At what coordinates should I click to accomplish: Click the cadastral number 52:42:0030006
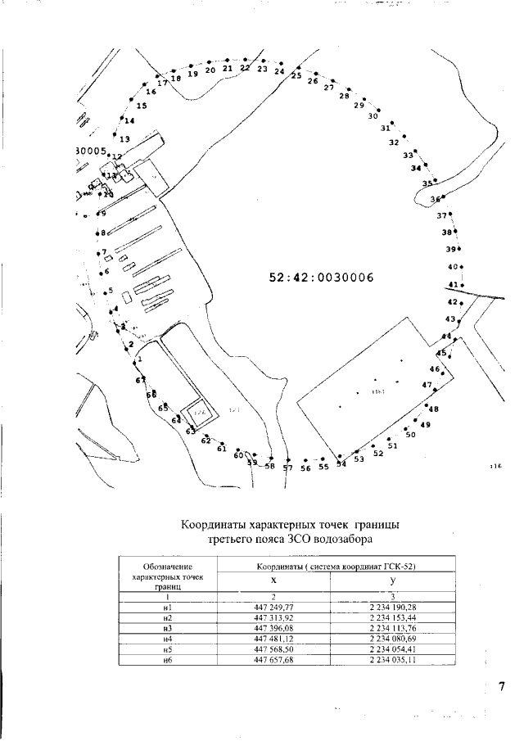click(321, 278)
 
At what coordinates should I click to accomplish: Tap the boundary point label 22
click(245, 68)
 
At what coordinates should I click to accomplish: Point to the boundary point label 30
click(373, 116)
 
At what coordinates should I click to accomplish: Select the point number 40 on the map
click(452, 267)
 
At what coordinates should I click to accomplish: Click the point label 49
click(425, 425)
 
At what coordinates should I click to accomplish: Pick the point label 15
click(142, 106)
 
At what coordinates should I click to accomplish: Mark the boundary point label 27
click(329, 88)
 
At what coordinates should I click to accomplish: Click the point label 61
click(221, 449)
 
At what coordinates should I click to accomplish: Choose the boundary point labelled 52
click(378, 453)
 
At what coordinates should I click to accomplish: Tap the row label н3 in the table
click(167, 628)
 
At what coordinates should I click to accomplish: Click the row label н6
click(167, 660)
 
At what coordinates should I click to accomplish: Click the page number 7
click(502, 686)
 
